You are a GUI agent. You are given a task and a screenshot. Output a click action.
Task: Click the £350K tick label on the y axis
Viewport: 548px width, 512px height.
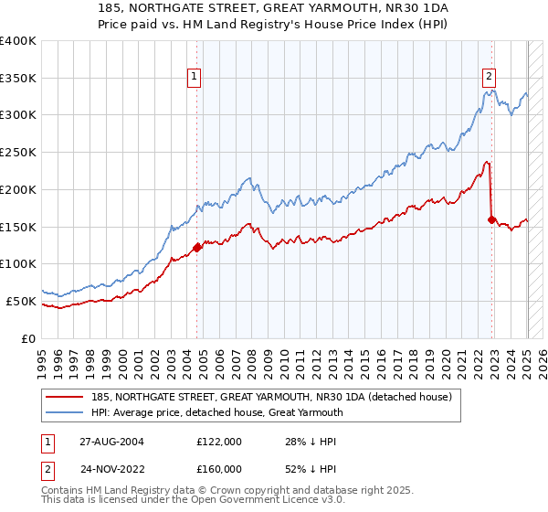point(18,78)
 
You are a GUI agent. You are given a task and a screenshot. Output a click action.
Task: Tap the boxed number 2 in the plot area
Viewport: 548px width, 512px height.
point(490,77)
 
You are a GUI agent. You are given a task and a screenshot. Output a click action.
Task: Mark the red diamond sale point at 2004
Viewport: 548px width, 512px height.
point(197,247)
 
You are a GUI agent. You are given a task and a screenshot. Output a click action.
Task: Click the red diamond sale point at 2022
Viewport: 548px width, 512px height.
point(492,219)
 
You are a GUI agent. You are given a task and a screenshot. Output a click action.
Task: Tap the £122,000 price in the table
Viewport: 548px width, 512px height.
point(219,441)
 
